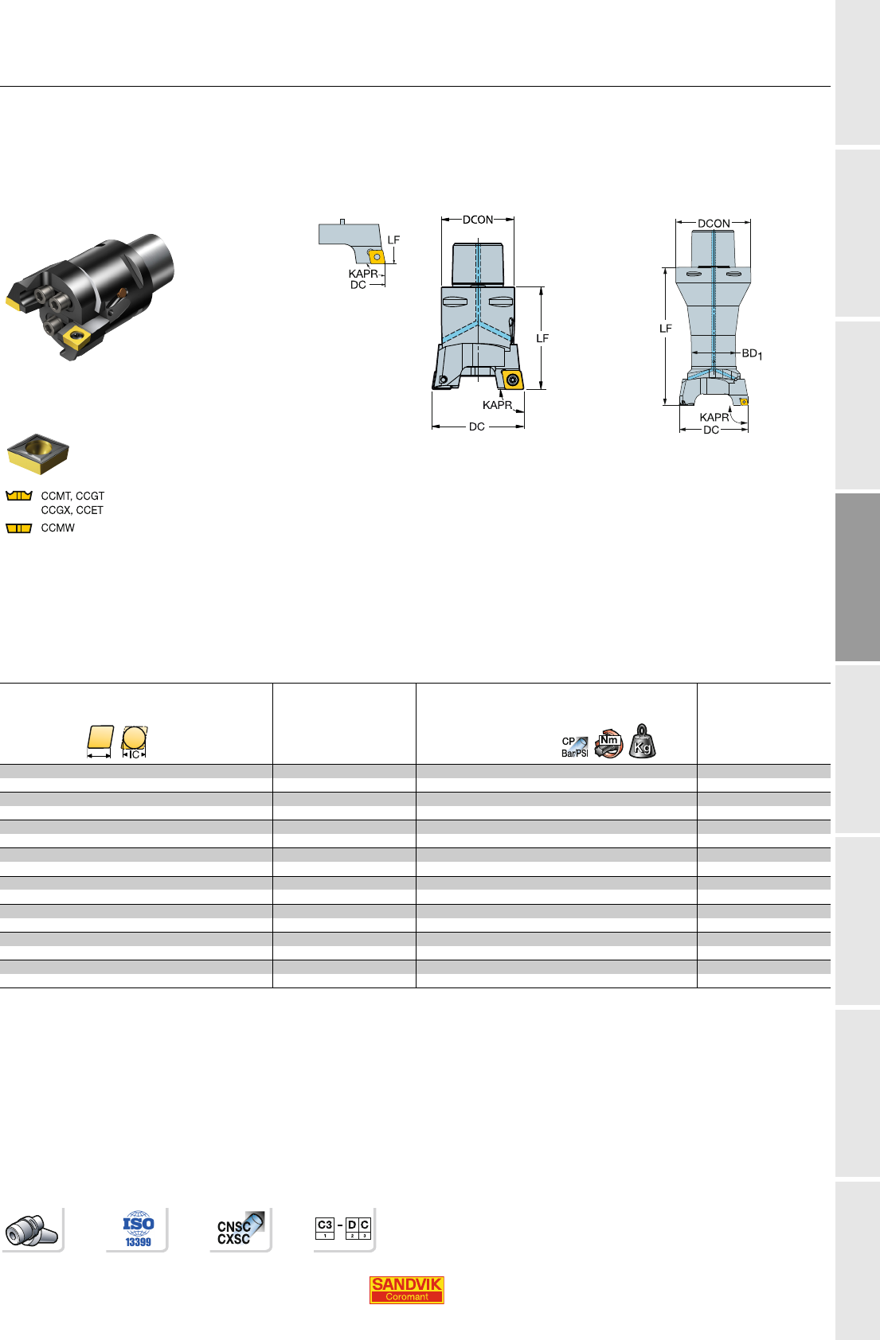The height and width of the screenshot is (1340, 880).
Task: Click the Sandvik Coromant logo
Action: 406,1289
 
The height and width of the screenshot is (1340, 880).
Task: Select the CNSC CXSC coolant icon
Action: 240,1229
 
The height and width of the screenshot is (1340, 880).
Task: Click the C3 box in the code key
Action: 325,1228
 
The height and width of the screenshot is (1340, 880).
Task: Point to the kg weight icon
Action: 643,741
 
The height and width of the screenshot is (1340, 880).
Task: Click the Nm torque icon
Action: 608,743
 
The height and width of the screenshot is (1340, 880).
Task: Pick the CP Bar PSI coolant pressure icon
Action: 575,746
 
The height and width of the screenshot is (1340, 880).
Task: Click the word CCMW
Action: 58,528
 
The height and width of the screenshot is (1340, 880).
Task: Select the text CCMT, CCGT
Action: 73,496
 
